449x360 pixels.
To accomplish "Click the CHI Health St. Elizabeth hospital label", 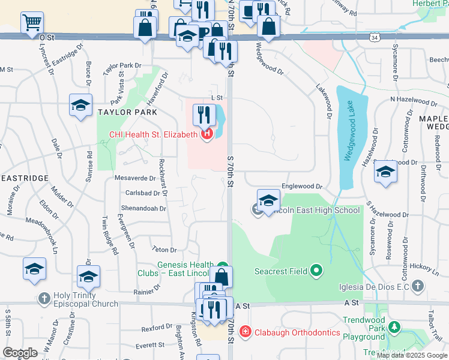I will click(x=154, y=134).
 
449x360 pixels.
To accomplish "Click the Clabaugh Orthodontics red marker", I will click(x=245, y=332).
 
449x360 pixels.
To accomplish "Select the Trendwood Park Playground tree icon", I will click(x=394, y=327).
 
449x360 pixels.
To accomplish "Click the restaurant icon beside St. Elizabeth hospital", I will click(x=205, y=113).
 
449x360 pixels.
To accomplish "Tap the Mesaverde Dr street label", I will click(x=135, y=178).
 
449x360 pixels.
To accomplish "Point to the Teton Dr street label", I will click(x=164, y=250).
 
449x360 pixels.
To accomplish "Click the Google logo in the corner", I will click(x=20, y=353).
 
